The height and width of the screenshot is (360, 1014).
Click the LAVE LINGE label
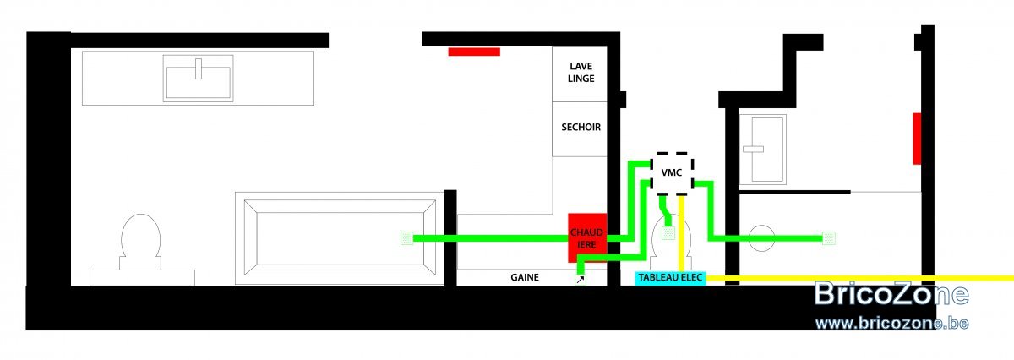[581, 73]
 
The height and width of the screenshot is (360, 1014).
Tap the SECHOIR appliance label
[581, 128]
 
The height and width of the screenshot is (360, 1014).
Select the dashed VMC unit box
[673, 173]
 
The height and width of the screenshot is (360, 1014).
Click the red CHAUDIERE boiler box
[587, 237]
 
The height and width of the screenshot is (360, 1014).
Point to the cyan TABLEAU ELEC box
[670, 278]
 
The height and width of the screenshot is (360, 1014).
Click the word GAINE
[525, 277]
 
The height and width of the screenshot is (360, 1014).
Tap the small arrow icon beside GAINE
[581, 280]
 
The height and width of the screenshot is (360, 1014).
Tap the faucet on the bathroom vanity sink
[199, 68]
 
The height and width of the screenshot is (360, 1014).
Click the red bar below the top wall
[474, 52]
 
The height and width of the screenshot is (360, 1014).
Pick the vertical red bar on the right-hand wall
[917, 139]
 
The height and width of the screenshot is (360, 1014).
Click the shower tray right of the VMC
[762, 150]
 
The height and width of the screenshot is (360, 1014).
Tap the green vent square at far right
[829, 238]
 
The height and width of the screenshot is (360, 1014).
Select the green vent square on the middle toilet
[668, 233]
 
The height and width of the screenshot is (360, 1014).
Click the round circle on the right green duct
[762, 238]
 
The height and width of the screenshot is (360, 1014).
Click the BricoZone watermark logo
[891, 293]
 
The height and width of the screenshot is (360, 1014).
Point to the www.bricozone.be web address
[891, 324]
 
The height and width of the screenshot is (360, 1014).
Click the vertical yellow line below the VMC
[681, 233]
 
